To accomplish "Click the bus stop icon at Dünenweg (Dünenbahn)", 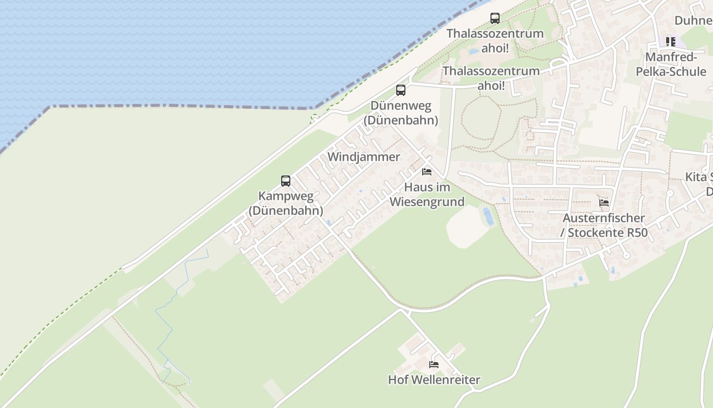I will [x=401, y=90].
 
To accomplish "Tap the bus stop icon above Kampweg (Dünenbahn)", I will [x=286, y=181].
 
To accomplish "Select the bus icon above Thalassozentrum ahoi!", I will [x=495, y=18].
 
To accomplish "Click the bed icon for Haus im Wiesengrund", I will [x=427, y=172].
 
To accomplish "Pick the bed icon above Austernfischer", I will [x=604, y=202].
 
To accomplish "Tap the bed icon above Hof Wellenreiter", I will [x=434, y=364].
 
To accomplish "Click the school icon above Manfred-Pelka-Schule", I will [x=671, y=41].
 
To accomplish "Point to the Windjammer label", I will [x=364, y=157].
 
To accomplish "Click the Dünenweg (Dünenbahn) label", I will [x=401, y=113].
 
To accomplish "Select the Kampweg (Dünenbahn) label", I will [x=286, y=203].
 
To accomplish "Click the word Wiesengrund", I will [x=427, y=202].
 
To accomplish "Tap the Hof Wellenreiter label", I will [x=434, y=380].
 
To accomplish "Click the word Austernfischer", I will [x=604, y=218].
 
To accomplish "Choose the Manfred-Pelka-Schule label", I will [x=671, y=64].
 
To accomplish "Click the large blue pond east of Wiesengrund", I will [x=488, y=216].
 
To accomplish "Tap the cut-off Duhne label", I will [x=693, y=20].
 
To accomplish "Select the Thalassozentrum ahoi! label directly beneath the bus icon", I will [x=495, y=41].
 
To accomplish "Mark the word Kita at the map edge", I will [x=696, y=177].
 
